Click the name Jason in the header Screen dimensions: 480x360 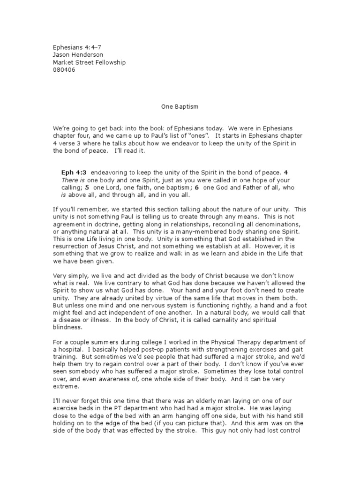pyautogui.click(x=60, y=55)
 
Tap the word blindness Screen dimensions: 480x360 pyautogui.click(x=67, y=327)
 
